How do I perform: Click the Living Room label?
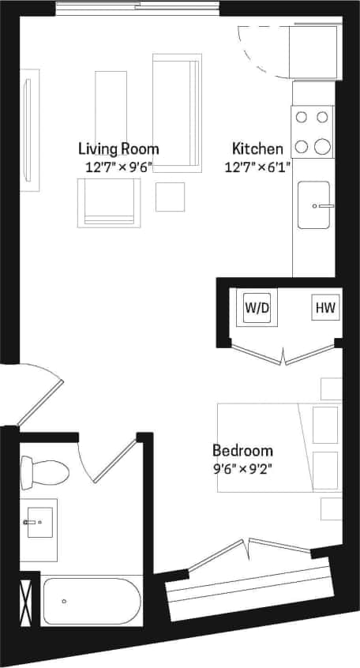pos(118,148)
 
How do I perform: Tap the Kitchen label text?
pos(257,148)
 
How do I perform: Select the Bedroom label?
pos(242,451)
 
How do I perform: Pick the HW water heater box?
pos(325,308)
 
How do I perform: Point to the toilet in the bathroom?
pos(46,472)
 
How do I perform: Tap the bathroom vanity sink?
pos(39,522)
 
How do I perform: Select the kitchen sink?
pos(314,205)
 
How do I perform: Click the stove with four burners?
pos(312,132)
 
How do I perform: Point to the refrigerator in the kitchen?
pos(313,52)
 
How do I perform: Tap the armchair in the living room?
pos(108,203)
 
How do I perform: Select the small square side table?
pos(170,197)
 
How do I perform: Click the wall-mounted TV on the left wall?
pos(29,129)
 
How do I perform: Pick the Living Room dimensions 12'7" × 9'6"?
pos(118,167)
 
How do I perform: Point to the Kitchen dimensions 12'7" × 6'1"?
pos(257,167)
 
